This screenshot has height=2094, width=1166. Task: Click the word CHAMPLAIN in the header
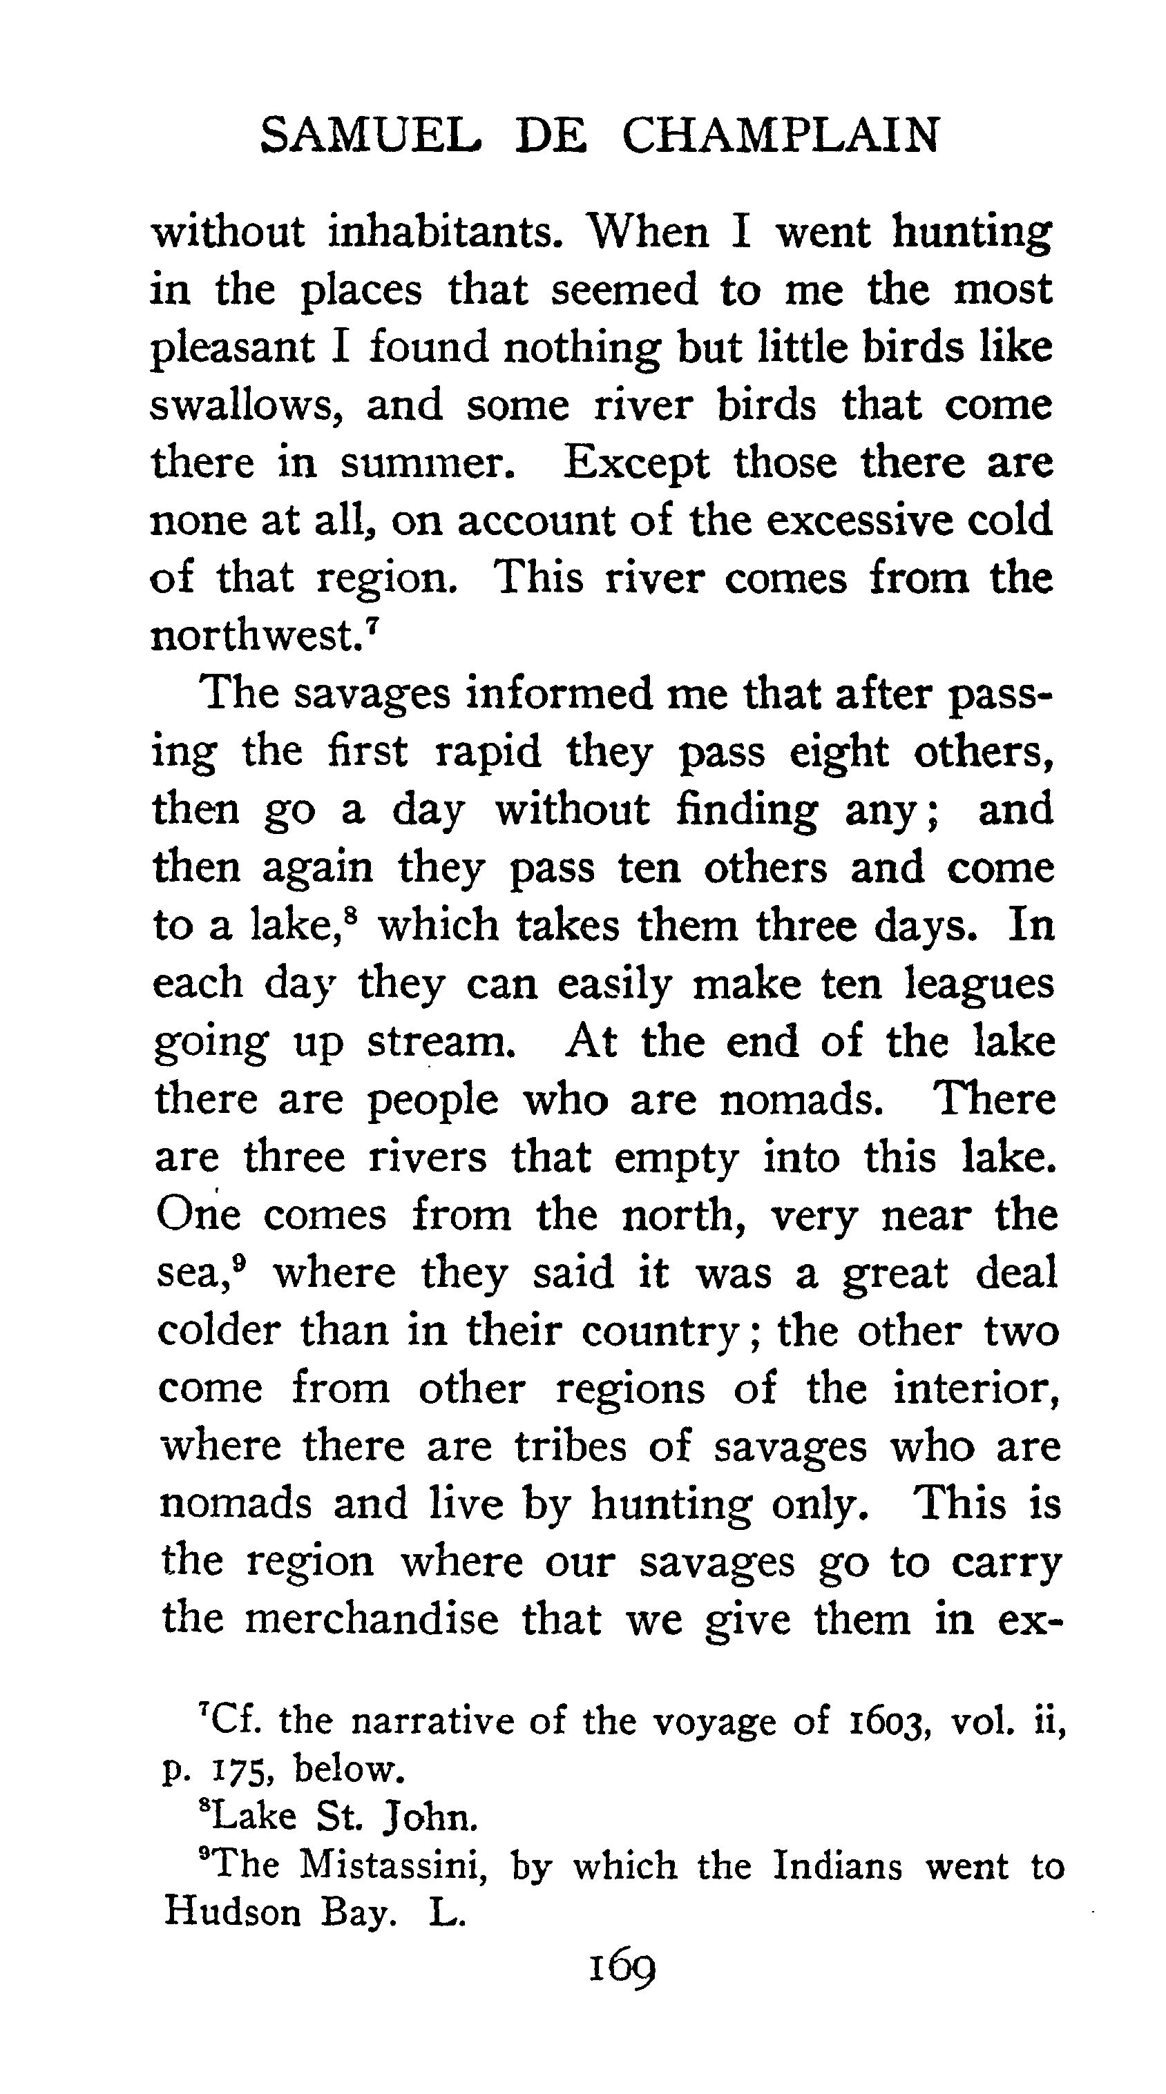click(781, 136)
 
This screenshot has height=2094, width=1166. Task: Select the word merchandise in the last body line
click(371, 1619)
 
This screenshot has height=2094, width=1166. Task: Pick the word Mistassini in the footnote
click(394, 1866)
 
